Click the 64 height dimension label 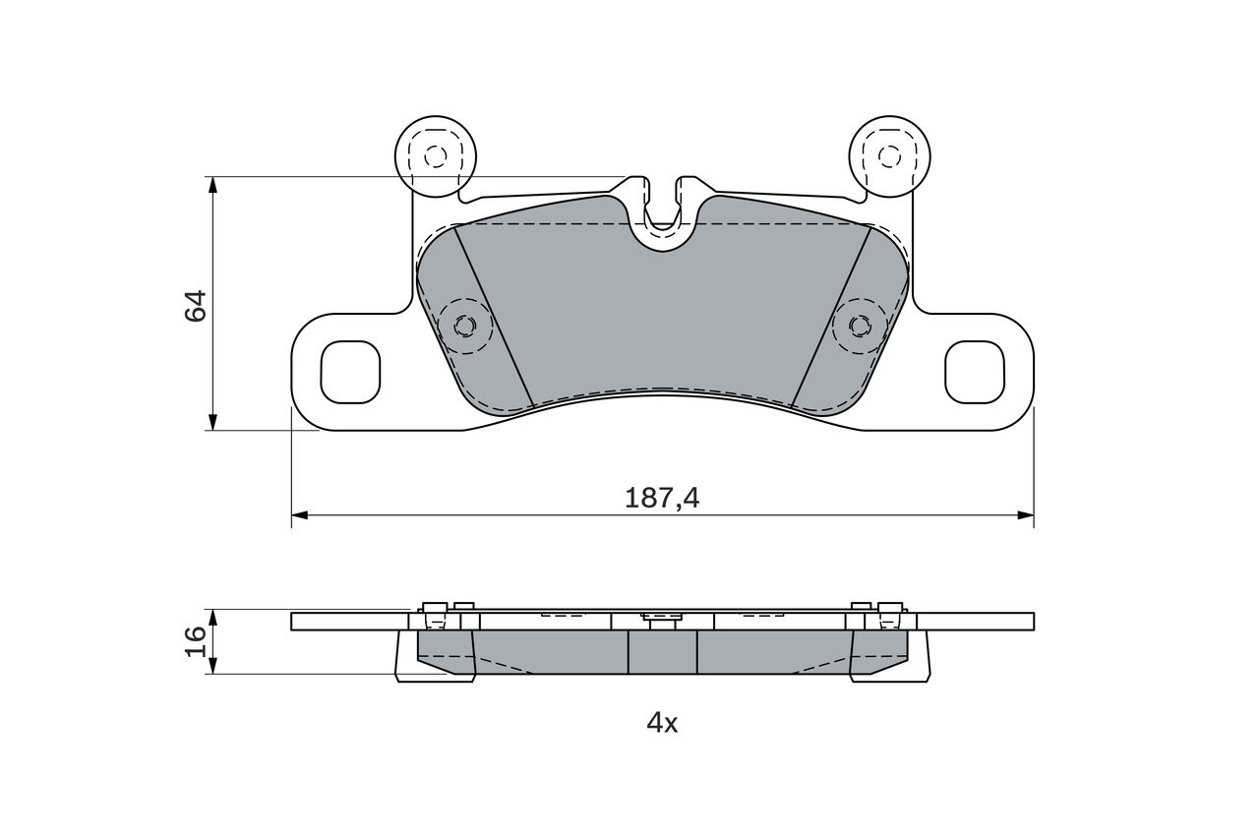pyautogui.click(x=196, y=306)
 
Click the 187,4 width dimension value pyautogui.click(x=662, y=499)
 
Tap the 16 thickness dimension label pyautogui.click(x=196, y=641)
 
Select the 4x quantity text pyautogui.click(x=662, y=723)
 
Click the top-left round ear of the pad pyautogui.click(x=436, y=156)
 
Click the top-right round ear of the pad pyautogui.click(x=890, y=156)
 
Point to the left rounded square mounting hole pyautogui.click(x=350, y=372)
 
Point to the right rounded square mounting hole pyautogui.click(x=975, y=372)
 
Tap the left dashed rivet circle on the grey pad pyautogui.click(x=465, y=326)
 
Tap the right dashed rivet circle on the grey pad pyautogui.click(x=860, y=326)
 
